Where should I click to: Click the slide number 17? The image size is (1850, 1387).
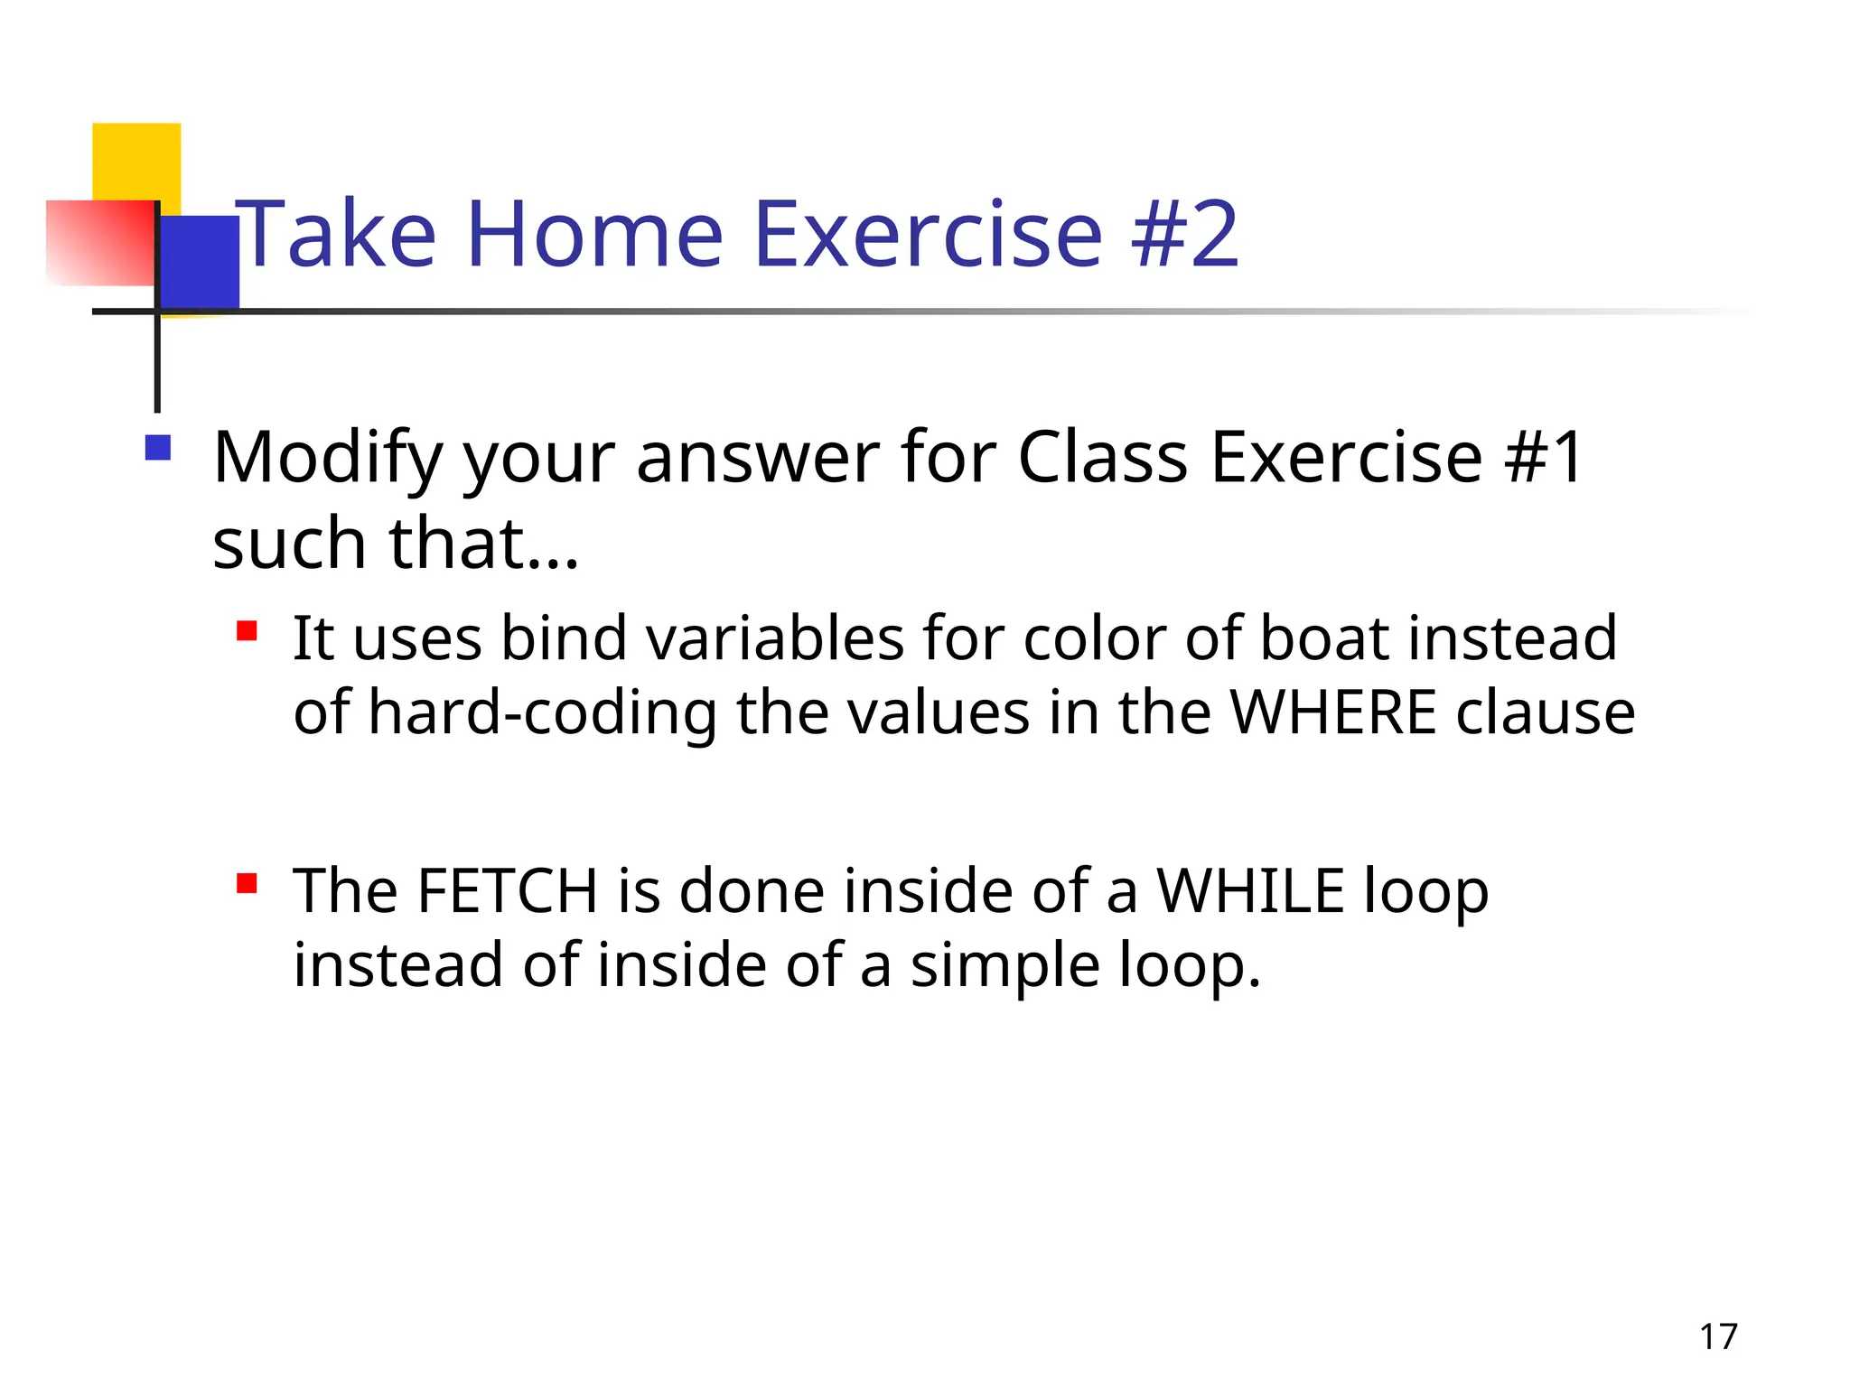coord(1718,1336)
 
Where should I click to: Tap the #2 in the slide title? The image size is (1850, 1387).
coord(1186,235)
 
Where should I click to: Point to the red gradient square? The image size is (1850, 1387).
coord(99,243)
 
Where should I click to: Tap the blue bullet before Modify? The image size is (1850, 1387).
coord(158,449)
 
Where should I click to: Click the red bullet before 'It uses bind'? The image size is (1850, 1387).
coord(247,630)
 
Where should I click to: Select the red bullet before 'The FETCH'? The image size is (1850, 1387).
coord(247,882)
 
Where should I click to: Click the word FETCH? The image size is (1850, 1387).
coord(508,891)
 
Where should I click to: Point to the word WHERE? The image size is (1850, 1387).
coord(1332,712)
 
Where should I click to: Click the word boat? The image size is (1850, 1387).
coord(1323,638)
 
